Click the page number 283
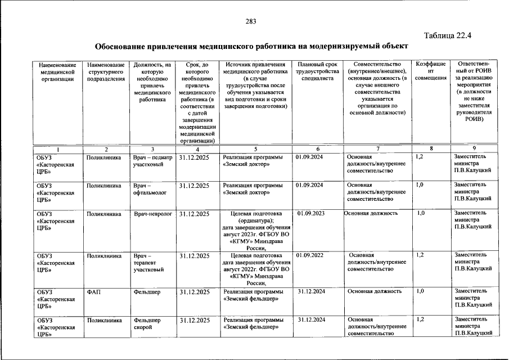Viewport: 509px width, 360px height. click(x=251, y=21)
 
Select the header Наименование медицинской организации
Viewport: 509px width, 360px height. click(x=54, y=72)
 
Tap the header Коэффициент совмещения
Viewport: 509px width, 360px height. click(x=431, y=72)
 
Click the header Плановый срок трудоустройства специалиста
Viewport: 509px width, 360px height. click(x=317, y=72)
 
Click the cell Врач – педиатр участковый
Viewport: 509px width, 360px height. click(x=151, y=161)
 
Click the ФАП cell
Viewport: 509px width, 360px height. click(x=93, y=292)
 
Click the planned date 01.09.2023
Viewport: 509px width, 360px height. click(x=311, y=214)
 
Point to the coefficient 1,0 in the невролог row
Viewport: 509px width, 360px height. click(x=421, y=214)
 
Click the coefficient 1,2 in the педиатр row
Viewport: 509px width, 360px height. click(x=419, y=157)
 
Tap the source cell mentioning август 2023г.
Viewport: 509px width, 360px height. click(x=255, y=230)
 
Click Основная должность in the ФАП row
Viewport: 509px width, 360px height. click(x=374, y=291)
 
